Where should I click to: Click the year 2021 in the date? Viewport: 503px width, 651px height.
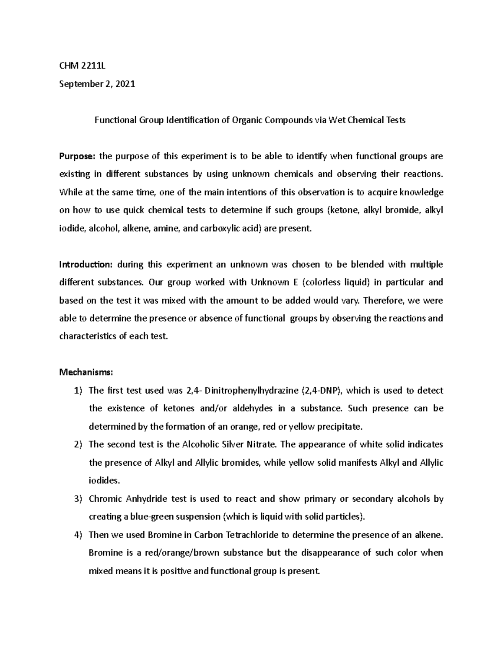pos(125,84)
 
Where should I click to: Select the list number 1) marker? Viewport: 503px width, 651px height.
pos(78,391)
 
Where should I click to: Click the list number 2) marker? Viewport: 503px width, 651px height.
pos(78,444)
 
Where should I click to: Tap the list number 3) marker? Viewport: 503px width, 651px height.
pos(78,499)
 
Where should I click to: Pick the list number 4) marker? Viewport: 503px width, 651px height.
pos(78,535)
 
